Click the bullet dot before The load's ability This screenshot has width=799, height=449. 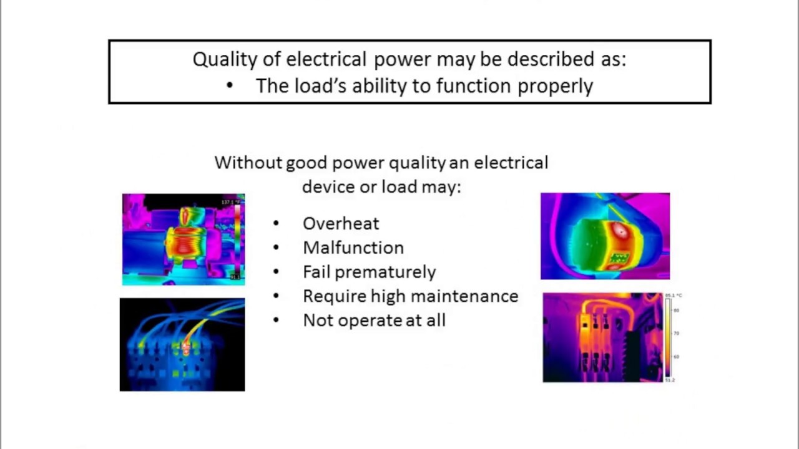click(230, 86)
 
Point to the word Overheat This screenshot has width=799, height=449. click(341, 223)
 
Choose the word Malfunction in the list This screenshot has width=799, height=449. click(353, 248)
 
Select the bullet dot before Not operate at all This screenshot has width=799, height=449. click(277, 321)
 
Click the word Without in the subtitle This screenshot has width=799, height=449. click(248, 163)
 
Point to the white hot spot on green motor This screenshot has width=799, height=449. click(620, 229)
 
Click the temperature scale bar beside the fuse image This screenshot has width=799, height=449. click(667, 337)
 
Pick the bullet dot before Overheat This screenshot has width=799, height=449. click(277, 224)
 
